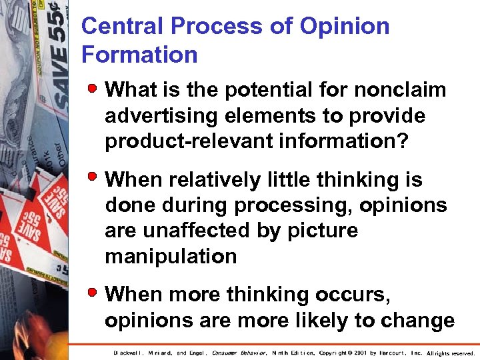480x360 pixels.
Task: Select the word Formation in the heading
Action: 139,55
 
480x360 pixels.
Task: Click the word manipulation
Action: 171,257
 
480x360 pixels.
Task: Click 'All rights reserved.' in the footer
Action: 451,353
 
